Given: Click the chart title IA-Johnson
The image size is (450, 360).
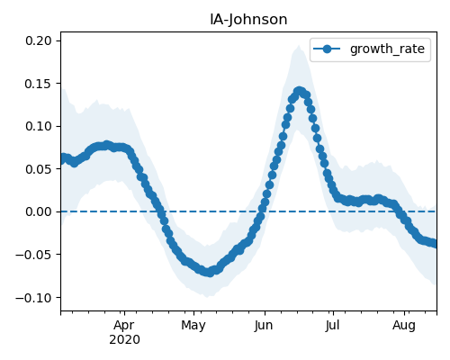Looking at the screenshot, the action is click(x=248, y=20).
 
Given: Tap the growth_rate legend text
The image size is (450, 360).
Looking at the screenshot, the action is click(x=387, y=49).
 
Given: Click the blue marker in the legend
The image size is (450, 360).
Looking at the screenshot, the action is click(x=327, y=49).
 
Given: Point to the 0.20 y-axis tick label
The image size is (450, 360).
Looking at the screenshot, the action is click(x=39, y=40).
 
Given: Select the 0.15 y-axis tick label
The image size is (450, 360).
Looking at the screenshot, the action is click(x=39, y=84).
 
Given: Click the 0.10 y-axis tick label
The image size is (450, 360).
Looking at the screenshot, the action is click(x=39, y=126).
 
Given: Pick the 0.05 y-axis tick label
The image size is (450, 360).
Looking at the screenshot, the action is click(x=39, y=169).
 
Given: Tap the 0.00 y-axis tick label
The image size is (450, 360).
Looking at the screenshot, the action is click(x=39, y=211).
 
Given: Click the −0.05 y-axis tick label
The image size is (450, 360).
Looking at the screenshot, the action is click(x=33, y=255).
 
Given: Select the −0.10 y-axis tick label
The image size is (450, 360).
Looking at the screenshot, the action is click(x=33, y=298).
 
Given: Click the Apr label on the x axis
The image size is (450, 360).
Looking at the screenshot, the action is click(x=124, y=325).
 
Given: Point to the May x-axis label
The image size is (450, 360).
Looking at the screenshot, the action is click(x=193, y=325).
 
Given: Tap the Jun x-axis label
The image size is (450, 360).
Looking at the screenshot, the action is click(x=264, y=325).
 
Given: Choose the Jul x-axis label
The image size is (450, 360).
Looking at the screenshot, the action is click(x=332, y=325).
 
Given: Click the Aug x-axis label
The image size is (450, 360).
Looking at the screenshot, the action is click(x=404, y=325).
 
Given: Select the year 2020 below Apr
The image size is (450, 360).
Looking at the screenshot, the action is click(x=124, y=339).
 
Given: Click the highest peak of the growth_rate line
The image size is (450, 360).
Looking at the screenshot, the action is click(x=299, y=91).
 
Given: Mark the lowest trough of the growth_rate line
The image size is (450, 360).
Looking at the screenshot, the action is click(x=209, y=273).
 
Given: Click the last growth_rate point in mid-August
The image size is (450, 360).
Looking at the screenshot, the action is click(x=435, y=243).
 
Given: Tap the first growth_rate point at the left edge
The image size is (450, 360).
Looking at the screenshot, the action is click(x=62, y=158).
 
